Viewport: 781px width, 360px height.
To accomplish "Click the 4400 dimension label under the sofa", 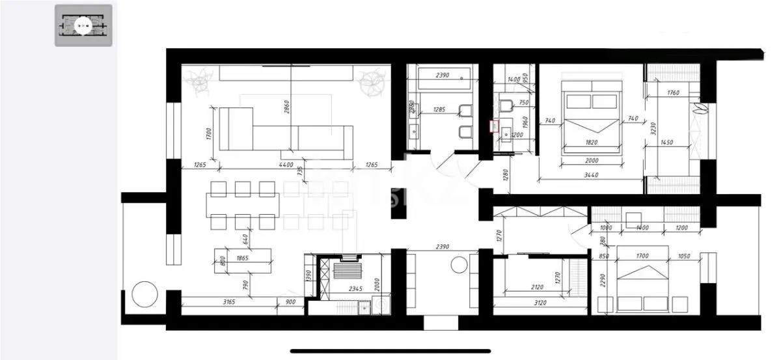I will point(286,165).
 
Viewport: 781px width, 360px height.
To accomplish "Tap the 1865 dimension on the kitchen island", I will point(241,258).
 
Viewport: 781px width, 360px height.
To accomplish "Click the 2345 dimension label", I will point(355,288).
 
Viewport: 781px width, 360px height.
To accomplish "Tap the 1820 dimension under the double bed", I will point(591,142).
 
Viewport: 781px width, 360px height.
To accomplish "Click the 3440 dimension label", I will point(591,175).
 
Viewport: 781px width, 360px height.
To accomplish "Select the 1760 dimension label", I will point(673,93).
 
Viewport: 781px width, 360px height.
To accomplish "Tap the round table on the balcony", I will point(144,294).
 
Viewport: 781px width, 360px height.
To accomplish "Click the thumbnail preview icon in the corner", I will point(83,25).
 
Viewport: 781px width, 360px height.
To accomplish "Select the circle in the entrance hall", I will point(459,265).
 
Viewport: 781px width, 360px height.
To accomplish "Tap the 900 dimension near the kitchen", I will point(290,301).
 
